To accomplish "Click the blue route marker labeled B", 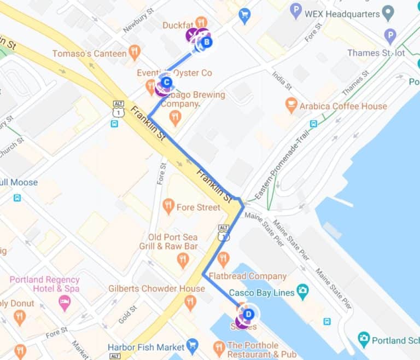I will click(207, 42).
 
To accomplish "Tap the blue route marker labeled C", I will click(167, 84).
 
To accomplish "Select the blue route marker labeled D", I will click(248, 314).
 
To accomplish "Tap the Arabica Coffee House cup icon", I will click(291, 106).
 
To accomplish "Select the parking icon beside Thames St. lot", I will click(390, 37).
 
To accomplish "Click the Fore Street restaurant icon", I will click(168, 207).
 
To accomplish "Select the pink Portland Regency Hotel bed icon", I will click(65, 302).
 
